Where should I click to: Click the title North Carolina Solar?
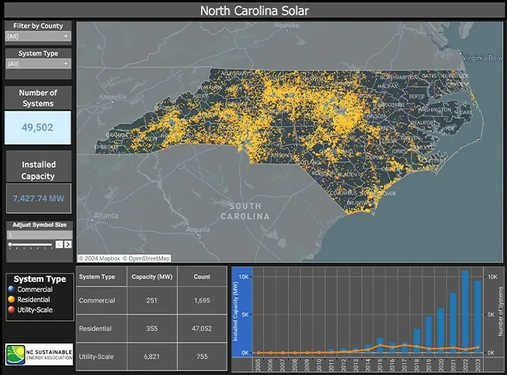coord(253,10)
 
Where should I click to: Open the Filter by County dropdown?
coord(38,36)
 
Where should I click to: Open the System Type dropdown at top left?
coord(38,64)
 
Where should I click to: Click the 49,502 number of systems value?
coord(37,127)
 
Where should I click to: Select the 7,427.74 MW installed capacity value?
coord(37,199)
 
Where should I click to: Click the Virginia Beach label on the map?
coord(482,58)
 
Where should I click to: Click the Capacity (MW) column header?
coord(149,276)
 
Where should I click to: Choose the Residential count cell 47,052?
coord(202,328)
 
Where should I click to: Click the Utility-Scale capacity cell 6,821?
coord(149,356)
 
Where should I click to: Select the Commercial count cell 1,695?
coord(202,301)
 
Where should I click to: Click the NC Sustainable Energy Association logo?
coord(38,352)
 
